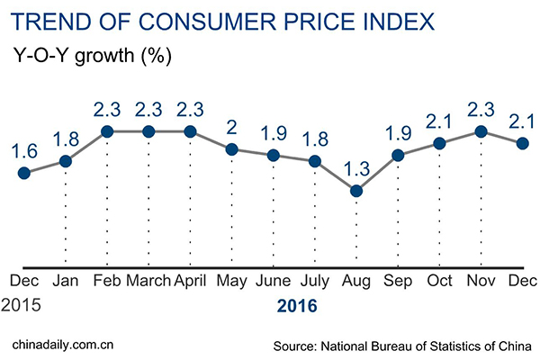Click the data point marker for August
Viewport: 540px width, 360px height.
click(356, 191)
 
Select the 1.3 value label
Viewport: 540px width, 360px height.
click(356, 167)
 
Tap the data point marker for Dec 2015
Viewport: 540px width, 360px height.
click(24, 173)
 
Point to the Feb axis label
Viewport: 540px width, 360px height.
click(107, 282)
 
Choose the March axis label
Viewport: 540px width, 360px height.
click(148, 282)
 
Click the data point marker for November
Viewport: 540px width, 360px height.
click(481, 131)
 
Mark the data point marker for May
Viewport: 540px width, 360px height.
click(231, 149)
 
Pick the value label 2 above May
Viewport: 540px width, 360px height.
click(231, 126)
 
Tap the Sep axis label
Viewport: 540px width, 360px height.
click(399, 282)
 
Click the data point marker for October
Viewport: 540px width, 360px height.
click(440, 143)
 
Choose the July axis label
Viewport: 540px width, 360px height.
click(315, 282)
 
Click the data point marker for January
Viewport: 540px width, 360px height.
click(66, 161)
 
